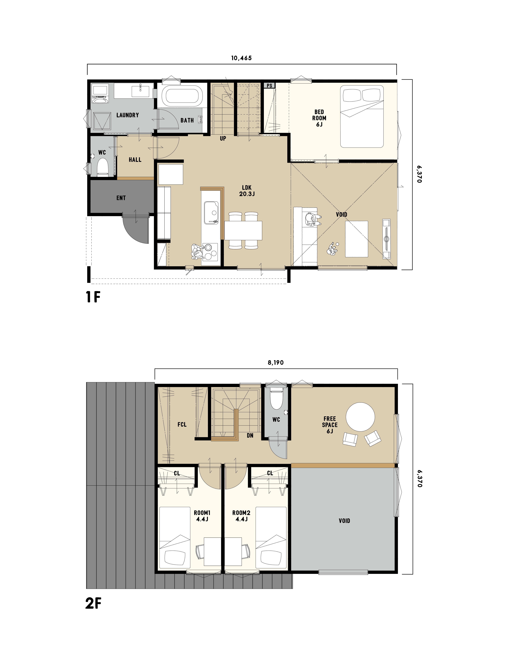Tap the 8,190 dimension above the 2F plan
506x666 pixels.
276,363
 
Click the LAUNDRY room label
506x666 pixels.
128,115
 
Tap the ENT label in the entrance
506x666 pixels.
121,198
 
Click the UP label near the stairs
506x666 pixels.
223,139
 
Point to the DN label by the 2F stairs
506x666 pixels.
250,436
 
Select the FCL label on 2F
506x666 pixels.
182,424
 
